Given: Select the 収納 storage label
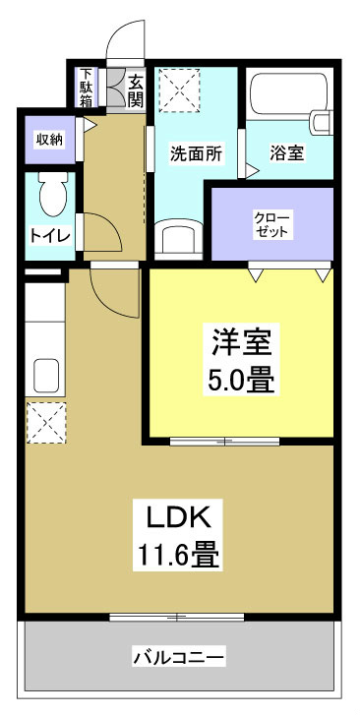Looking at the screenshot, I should (50, 140).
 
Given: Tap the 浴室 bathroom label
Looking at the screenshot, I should (287, 153).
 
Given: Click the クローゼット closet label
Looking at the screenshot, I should (271, 223).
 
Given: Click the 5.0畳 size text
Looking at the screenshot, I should (240, 380).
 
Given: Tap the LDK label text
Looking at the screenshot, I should (179, 516).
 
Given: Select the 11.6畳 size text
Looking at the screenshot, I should (179, 556).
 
